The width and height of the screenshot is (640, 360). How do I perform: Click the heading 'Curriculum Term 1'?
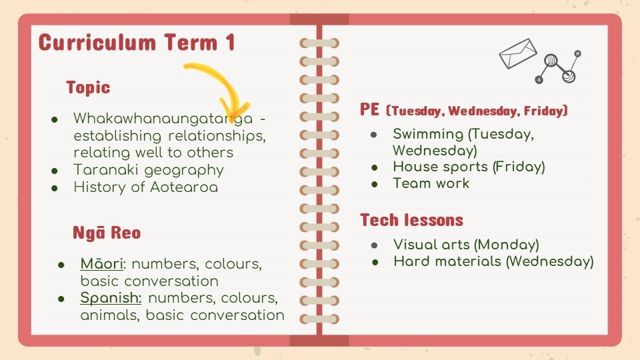137,43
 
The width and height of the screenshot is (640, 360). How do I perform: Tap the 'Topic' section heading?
88,87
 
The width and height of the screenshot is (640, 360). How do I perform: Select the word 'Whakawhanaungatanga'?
163,119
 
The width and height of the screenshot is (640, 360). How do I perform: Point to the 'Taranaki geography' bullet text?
149,170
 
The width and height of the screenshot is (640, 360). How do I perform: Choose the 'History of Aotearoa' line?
146,187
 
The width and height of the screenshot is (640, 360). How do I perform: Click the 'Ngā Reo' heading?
107,233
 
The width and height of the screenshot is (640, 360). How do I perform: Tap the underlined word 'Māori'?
101,264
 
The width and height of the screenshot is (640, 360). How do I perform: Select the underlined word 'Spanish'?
110,298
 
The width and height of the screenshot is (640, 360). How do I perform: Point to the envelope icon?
518,53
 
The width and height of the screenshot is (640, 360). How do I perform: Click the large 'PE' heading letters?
370,109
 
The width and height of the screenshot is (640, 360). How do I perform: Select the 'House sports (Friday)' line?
469,167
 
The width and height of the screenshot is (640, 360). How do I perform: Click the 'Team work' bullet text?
431,183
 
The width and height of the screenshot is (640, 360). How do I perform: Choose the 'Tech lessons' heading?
411,221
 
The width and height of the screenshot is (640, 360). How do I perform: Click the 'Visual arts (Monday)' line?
466,245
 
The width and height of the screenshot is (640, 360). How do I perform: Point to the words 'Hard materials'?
447,261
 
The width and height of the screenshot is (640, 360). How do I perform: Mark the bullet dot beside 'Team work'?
375,184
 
